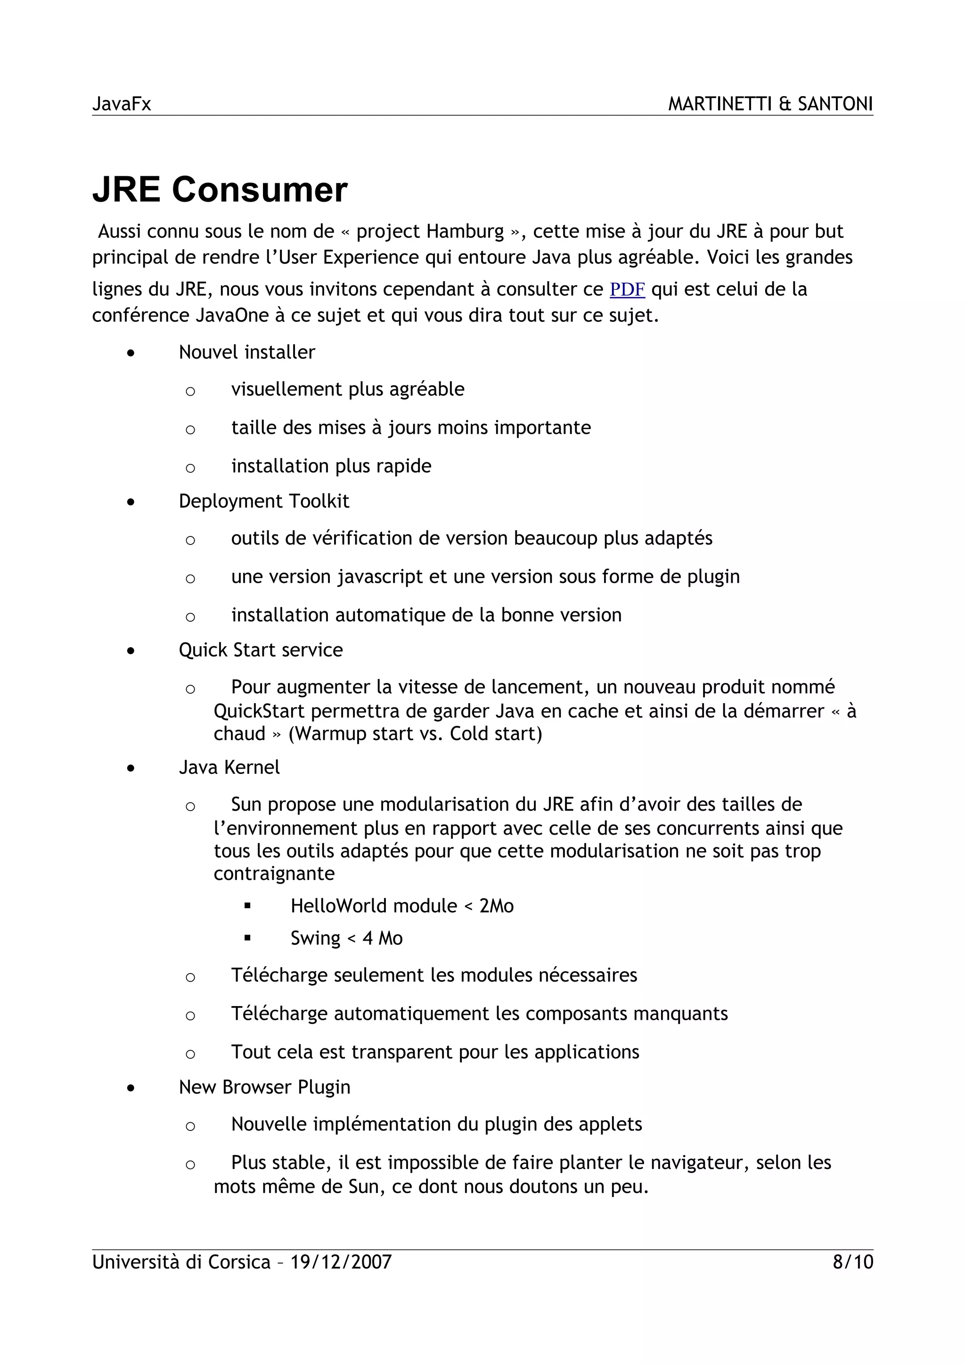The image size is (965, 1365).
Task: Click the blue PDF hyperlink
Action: click(627, 290)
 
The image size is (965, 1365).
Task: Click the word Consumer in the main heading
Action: click(259, 190)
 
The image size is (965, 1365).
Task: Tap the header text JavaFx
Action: click(121, 104)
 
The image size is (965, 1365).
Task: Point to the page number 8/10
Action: click(853, 1261)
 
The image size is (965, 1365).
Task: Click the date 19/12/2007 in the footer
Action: click(341, 1261)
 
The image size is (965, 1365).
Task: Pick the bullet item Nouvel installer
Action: click(247, 352)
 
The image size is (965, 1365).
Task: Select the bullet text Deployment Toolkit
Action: click(263, 501)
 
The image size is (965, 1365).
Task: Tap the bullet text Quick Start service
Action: click(261, 650)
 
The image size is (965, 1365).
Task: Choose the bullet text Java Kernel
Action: click(229, 767)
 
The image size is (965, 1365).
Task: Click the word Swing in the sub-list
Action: click(315, 938)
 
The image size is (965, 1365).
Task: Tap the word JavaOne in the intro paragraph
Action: click(232, 315)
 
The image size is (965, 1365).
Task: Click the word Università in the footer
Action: click(136, 1261)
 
